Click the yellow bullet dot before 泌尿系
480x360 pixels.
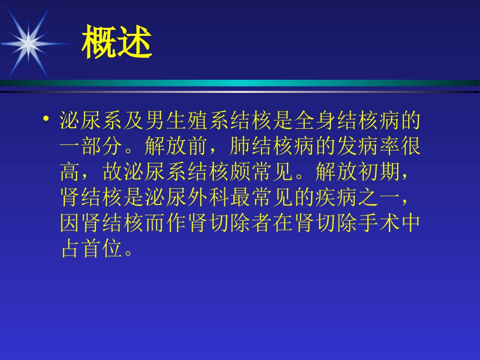(x=46, y=120)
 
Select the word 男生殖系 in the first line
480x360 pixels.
(x=177, y=122)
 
